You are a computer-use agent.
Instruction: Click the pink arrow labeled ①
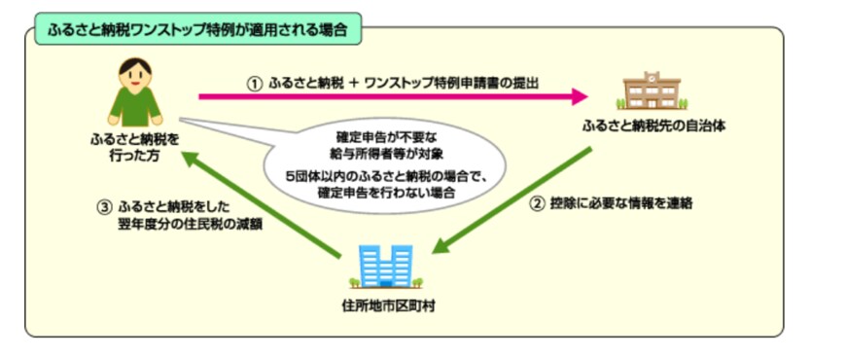point(389,96)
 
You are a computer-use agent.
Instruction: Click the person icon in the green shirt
point(133,92)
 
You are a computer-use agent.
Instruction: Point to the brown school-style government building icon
point(650,91)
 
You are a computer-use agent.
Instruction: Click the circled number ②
point(536,205)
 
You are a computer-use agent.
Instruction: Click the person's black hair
point(134,66)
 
